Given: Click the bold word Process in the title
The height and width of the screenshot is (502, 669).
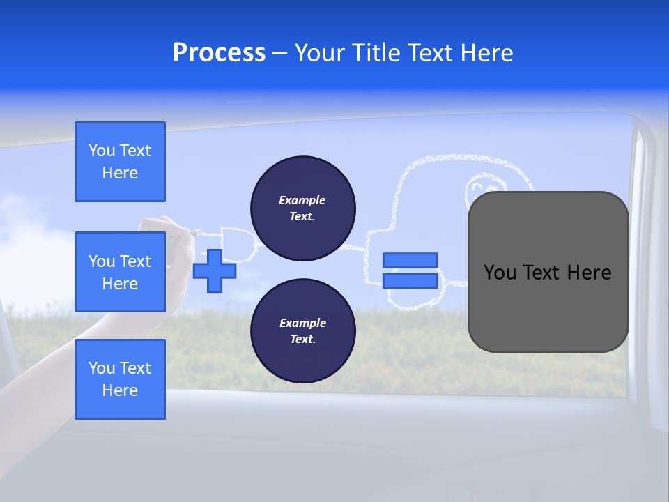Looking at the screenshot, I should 219,53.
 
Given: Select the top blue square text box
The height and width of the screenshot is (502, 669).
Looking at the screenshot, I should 120,162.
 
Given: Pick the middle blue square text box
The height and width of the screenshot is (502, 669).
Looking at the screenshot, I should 120,272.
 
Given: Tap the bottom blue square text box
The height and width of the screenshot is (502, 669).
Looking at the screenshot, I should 120,379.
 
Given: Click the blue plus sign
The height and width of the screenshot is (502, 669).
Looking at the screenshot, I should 215,271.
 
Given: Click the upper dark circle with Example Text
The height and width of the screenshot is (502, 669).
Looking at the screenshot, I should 302,208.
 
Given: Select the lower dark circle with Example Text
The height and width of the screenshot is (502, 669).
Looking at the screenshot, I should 302,331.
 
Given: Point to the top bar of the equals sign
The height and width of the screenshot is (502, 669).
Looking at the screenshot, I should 410,260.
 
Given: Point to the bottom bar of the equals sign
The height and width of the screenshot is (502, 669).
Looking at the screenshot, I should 410,280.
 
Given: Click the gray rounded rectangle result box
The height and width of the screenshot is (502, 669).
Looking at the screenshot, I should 548,307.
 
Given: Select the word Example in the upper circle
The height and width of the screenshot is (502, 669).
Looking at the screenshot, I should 302,200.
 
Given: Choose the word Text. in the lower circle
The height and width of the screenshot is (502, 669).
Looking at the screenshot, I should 302,340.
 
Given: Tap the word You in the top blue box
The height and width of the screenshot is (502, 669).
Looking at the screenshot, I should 102,151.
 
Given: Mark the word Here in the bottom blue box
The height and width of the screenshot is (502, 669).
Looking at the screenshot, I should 120,390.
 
